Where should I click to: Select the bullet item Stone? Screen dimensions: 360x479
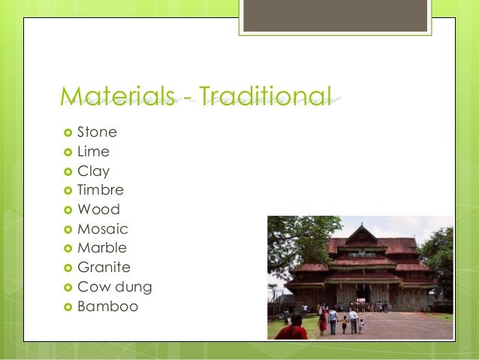click(97, 132)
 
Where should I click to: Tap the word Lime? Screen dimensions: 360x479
click(93, 152)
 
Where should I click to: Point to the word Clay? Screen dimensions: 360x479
click(93, 171)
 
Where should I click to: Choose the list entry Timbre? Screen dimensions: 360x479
click(101, 190)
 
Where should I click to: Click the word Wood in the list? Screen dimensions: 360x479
click(98, 210)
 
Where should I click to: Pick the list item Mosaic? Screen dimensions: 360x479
click(103, 229)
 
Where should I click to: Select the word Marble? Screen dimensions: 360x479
click(102, 248)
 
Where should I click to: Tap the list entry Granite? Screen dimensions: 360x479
click(104, 268)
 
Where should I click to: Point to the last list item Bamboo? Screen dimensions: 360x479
click(107, 307)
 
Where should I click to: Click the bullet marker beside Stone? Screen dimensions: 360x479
click(67, 133)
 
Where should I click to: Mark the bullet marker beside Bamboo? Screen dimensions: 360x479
click(67, 307)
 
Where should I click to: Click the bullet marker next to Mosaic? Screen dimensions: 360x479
click(67, 229)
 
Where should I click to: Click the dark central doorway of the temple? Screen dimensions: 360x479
click(362, 293)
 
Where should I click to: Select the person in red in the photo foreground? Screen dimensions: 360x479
click(291, 328)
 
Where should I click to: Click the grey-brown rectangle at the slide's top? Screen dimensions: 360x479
click(335, 16)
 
